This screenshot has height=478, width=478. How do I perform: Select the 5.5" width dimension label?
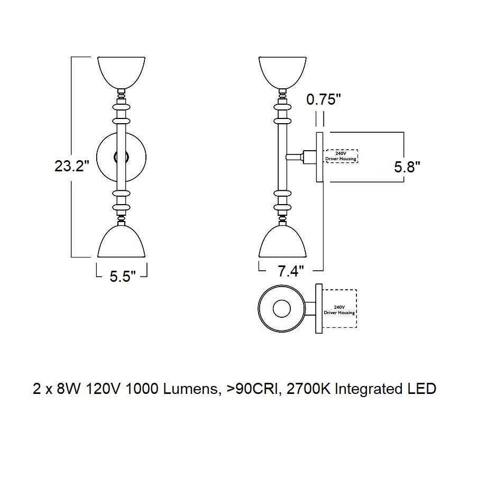[123, 277]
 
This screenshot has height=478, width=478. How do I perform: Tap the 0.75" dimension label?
[324, 100]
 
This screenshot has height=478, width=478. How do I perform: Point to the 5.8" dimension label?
[407, 168]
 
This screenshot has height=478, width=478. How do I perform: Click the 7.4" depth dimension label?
[291, 272]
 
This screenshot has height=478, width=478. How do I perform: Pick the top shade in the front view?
[122, 71]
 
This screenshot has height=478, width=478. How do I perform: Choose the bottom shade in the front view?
[122, 241]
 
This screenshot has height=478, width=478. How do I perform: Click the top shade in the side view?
[282, 71]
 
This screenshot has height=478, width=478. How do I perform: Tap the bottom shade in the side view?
[282, 241]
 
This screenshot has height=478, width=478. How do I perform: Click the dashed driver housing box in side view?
[341, 156]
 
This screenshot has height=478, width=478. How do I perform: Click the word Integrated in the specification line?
[369, 390]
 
